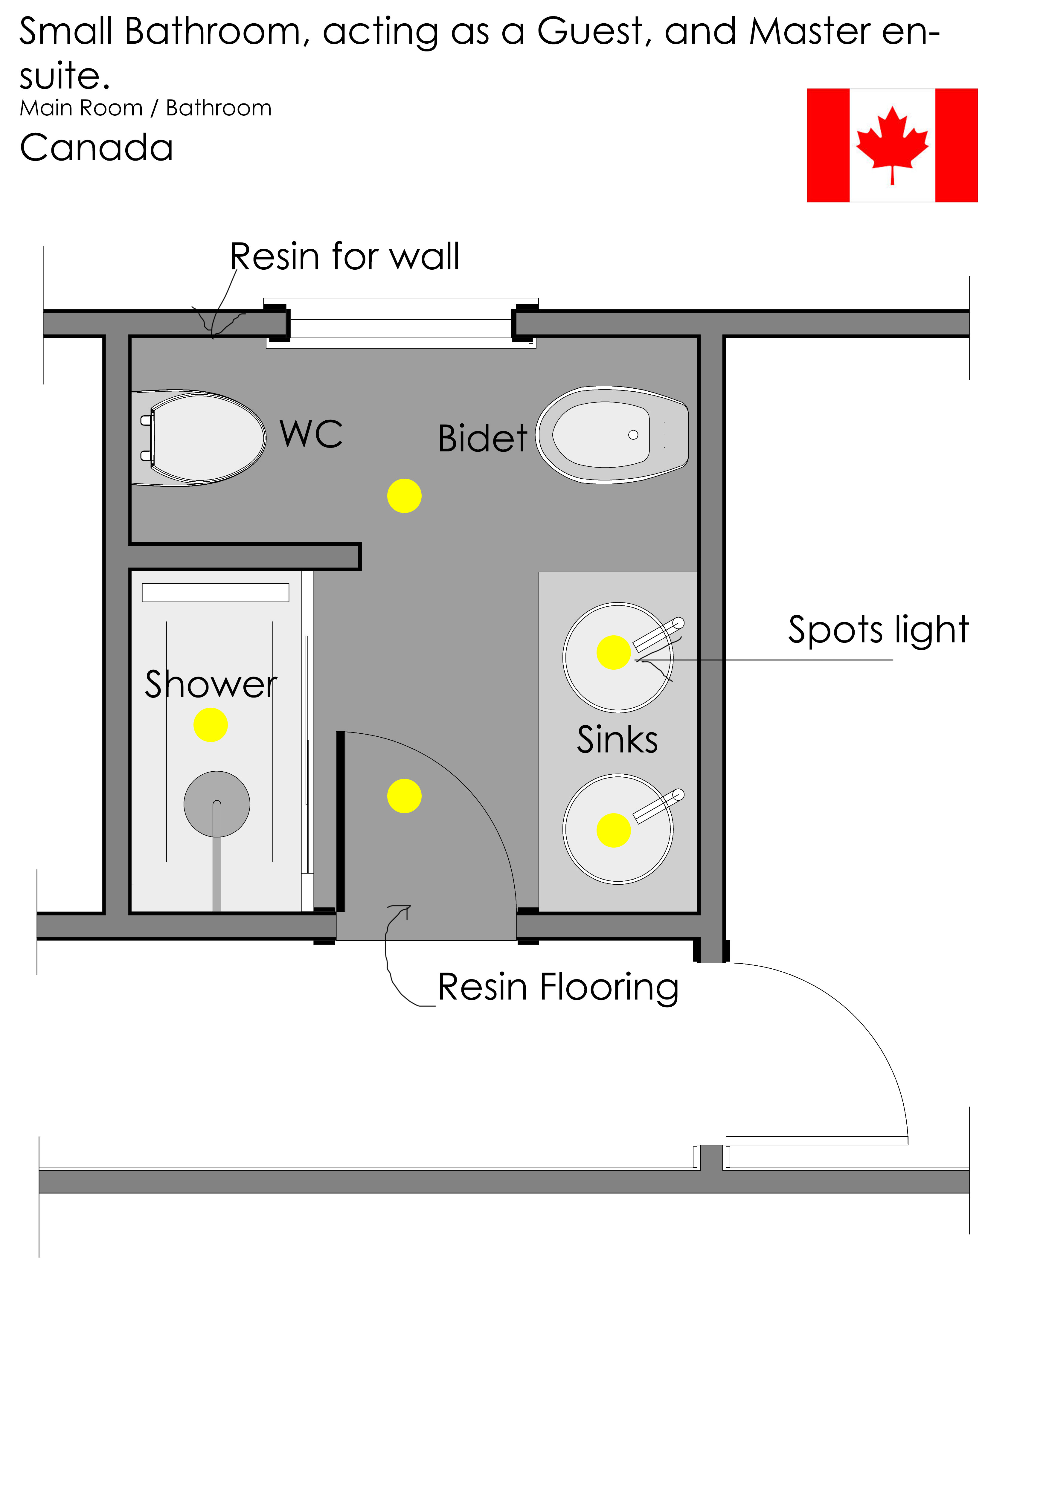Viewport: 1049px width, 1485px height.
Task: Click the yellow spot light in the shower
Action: (210, 724)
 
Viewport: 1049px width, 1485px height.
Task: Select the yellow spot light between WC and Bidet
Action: (404, 496)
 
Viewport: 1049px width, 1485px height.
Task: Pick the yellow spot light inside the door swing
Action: (404, 796)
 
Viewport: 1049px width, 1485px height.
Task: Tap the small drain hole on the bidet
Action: (633, 435)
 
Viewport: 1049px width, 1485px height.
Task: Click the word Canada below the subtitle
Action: (96, 147)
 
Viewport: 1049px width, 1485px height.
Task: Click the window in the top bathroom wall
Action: (401, 323)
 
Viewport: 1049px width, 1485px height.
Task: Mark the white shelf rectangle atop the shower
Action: (215, 593)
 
